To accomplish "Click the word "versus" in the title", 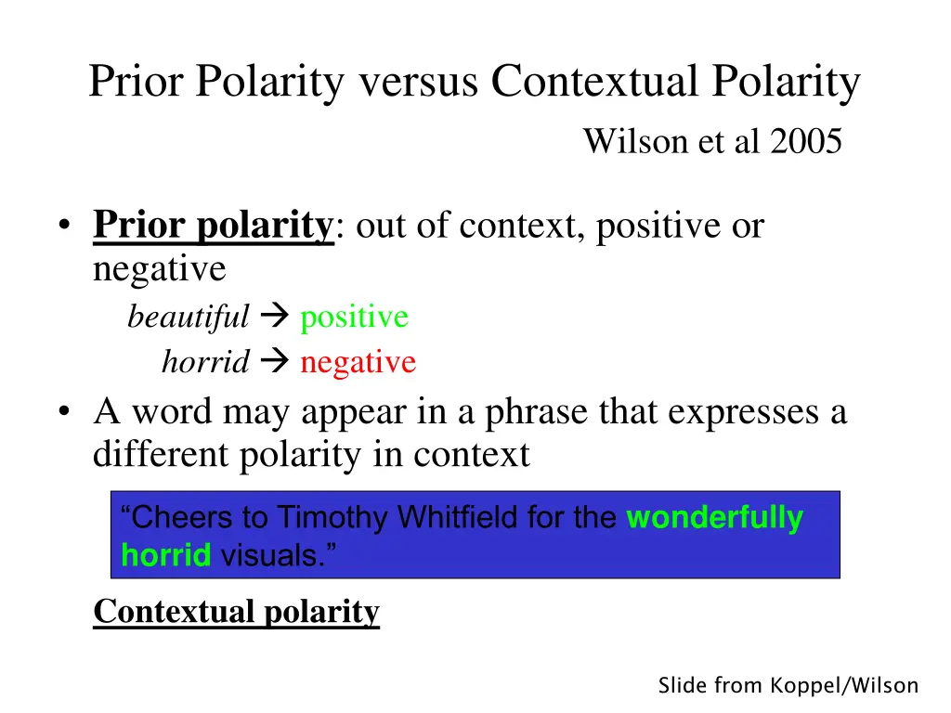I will click(418, 83).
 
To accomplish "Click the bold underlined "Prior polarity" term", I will click(213, 226).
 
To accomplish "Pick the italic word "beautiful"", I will click(189, 318).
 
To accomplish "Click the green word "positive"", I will click(354, 318).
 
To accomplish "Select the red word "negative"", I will click(358, 362).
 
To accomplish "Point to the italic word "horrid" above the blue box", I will click(205, 362).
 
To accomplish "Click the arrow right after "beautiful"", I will click(275, 318).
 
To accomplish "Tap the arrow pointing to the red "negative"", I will click(275, 362).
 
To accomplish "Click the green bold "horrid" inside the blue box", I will click(166, 555).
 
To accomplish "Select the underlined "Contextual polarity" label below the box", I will click(237, 612).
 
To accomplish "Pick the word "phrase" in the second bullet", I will click(534, 412).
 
